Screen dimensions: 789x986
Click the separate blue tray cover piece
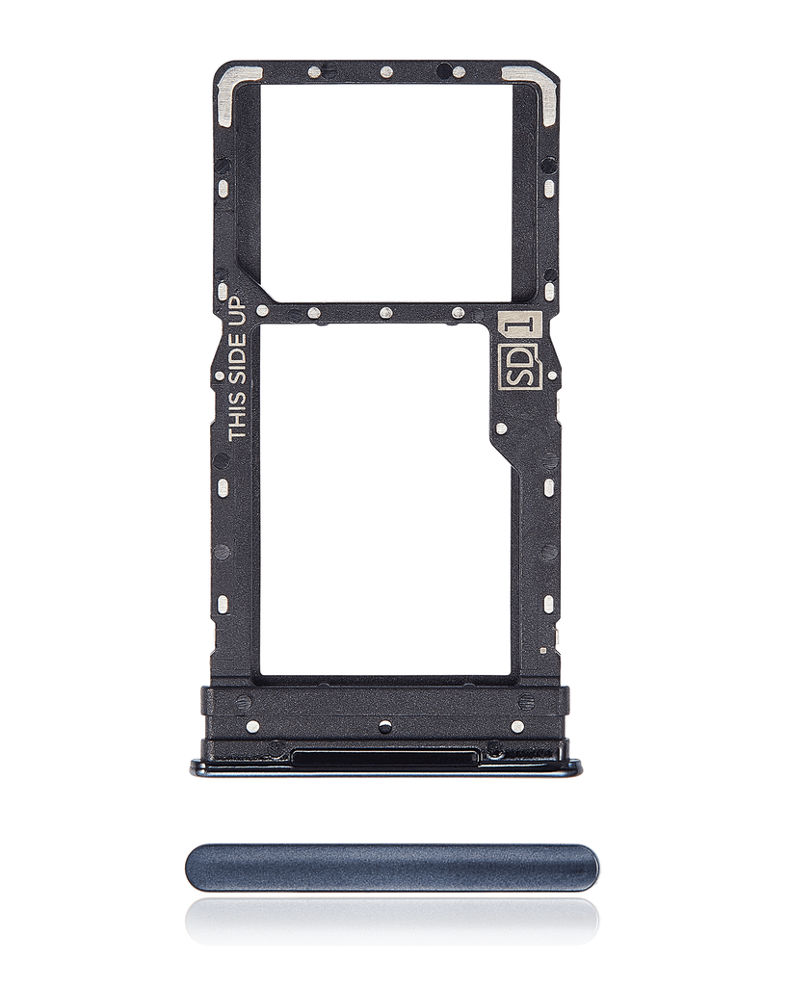pyautogui.click(x=392, y=868)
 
